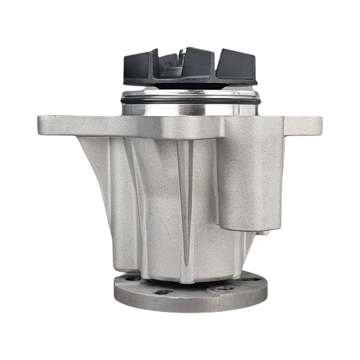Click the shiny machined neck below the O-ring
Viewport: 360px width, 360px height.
pyautogui.click(x=190, y=109)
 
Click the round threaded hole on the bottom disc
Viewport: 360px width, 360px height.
pyautogui.click(x=224, y=288)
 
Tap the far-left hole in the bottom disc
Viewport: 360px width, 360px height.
pyautogui.click(x=133, y=279)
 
